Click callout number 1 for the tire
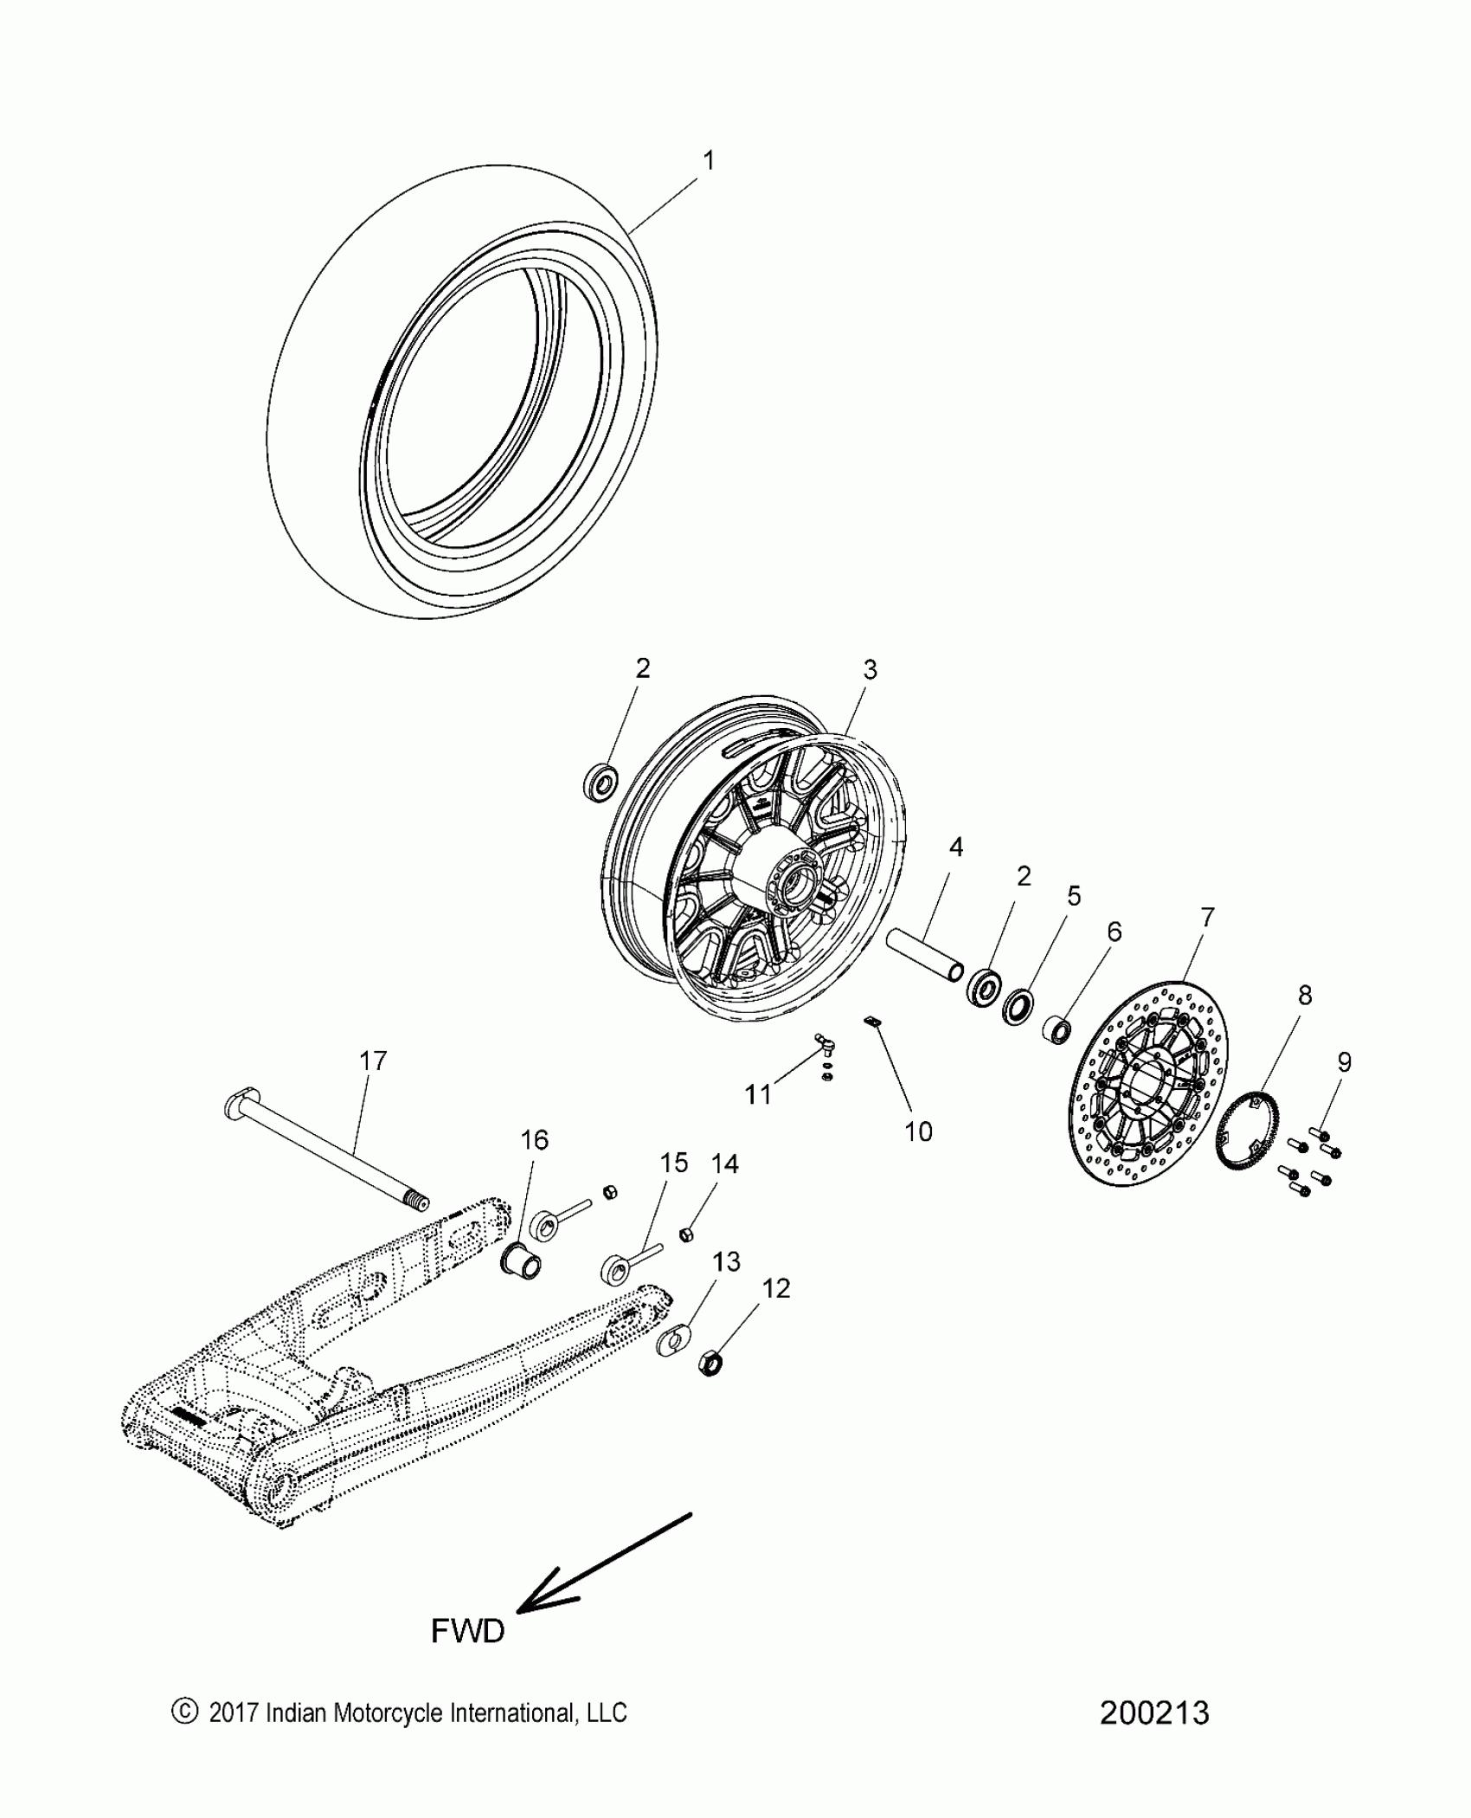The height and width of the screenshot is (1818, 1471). click(x=709, y=161)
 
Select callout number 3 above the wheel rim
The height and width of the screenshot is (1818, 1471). click(x=870, y=669)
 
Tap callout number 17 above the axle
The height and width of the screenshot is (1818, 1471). click(x=373, y=1060)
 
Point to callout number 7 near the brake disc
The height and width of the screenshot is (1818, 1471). click(x=1206, y=917)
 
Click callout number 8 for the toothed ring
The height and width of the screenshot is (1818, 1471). click(x=1305, y=996)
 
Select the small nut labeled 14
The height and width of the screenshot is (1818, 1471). click(x=685, y=1233)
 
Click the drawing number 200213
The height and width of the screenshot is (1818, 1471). click(x=1153, y=1712)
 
